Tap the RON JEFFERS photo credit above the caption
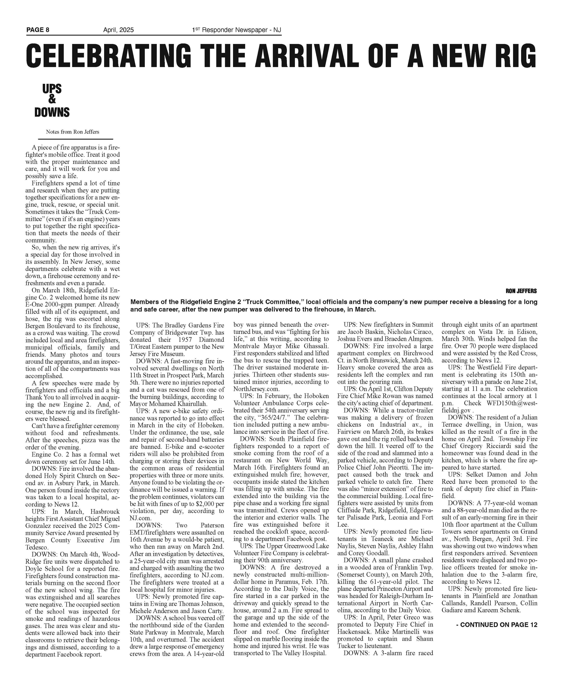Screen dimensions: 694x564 pos(521,291)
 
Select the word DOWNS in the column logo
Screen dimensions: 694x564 pos(52,112)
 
